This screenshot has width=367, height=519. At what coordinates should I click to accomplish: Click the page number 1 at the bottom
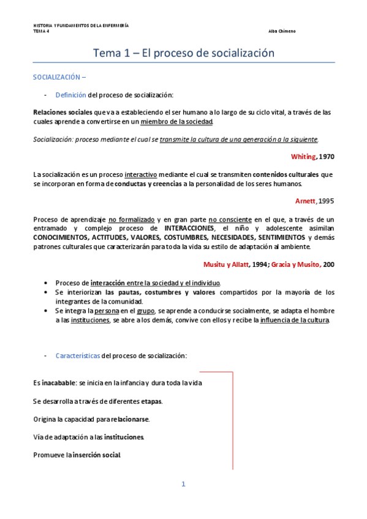coord(183,485)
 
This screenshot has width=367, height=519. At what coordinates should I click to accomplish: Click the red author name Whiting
coord(303,157)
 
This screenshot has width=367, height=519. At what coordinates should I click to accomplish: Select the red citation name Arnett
coord(305,200)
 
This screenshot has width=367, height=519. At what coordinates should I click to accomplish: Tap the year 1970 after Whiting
coord(327,157)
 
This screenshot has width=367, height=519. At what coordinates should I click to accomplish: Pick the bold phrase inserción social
coord(97,455)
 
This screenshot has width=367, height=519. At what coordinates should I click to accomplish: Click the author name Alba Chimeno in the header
coord(282,31)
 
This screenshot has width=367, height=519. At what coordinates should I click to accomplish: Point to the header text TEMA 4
coord(41,31)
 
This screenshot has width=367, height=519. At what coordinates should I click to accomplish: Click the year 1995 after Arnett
coord(327,200)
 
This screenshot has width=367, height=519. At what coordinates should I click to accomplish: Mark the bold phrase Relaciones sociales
coord(62,113)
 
